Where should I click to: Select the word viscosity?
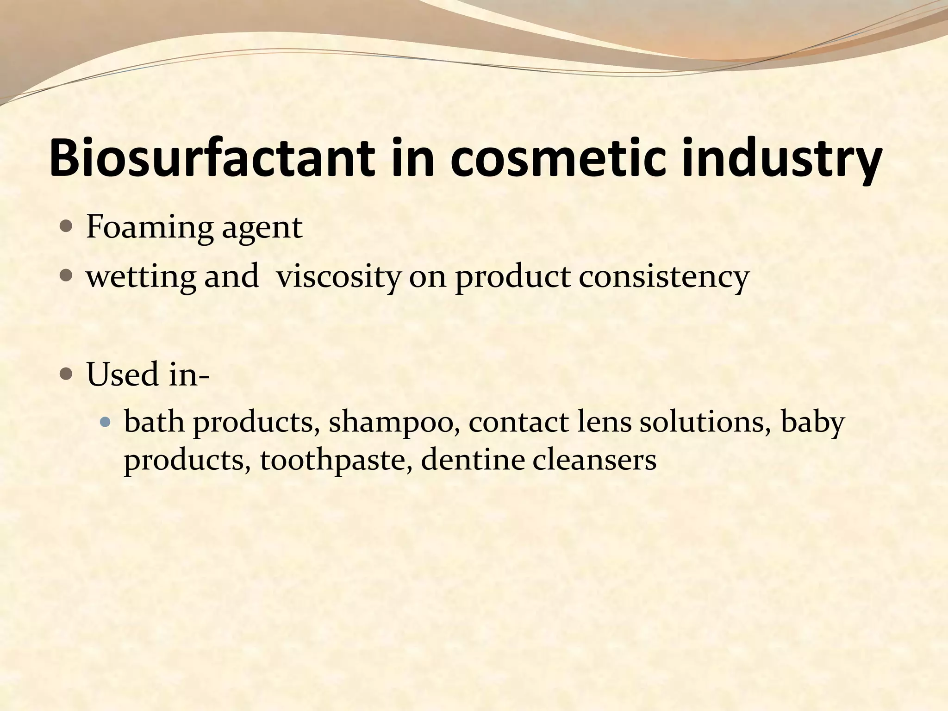click(338, 277)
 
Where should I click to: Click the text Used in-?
click(148, 374)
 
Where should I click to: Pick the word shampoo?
click(394, 422)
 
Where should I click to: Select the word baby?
click(812, 422)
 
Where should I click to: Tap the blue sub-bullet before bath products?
click(106, 422)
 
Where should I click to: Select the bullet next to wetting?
click(66, 276)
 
